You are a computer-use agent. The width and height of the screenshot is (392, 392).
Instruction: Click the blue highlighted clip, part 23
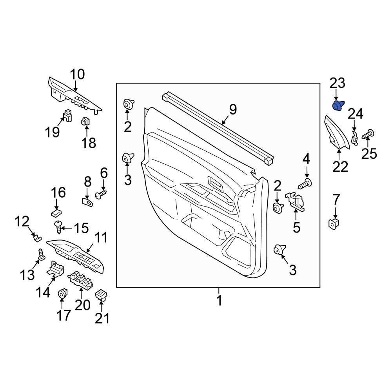338,105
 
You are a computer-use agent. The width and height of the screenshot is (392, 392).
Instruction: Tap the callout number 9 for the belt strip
233,109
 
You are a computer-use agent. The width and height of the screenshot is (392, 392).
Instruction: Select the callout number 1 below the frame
219,301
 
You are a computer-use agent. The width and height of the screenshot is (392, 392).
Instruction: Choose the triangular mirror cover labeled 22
336,134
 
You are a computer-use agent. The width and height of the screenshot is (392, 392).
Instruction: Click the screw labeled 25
368,136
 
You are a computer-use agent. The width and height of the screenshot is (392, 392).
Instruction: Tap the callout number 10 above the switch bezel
77,74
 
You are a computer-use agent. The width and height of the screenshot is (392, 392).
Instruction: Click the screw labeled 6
101,194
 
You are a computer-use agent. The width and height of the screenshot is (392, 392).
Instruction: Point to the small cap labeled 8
88,202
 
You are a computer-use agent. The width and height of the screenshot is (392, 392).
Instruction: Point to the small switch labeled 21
102,294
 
